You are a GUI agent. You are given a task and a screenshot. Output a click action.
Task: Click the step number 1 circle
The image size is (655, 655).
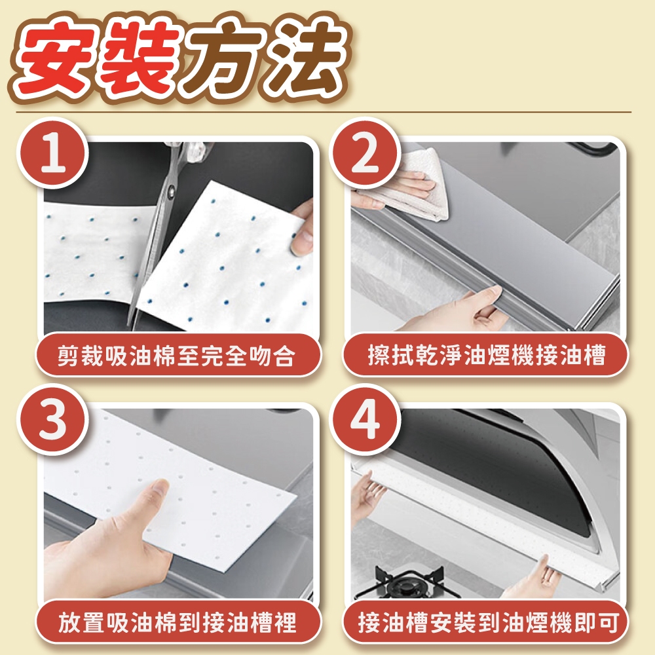pos(52,153)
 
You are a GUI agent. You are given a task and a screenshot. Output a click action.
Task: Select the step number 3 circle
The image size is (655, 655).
pos(52,419)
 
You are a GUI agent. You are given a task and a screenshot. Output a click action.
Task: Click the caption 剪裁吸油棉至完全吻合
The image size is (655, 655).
pos(177,356)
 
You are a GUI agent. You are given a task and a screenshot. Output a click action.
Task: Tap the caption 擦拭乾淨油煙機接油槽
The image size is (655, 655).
pos(486,355)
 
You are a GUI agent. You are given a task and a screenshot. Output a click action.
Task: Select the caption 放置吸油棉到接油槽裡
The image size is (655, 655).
pos(177,622)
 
